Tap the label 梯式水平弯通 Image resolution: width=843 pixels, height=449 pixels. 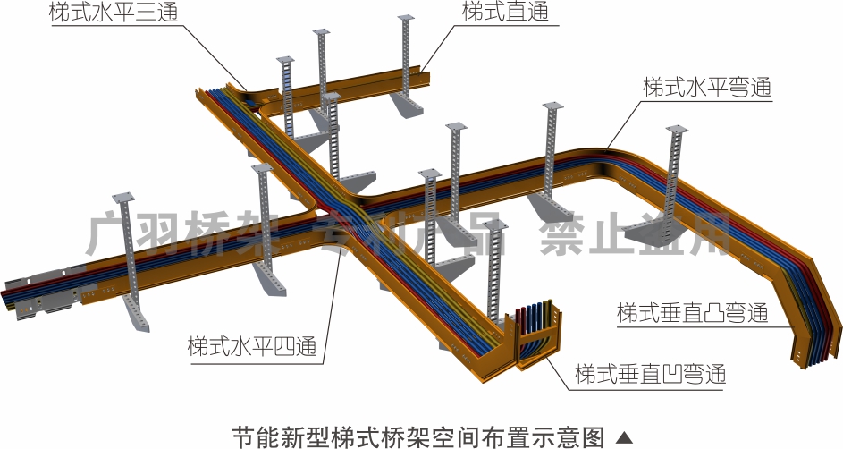[706, 88]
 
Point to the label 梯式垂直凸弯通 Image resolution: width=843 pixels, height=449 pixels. [692, 314]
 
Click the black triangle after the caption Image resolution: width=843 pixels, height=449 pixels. [625, 437]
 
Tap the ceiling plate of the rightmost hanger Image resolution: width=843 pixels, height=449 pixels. [677, 131]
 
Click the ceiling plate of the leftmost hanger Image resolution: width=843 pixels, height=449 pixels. [122, 199]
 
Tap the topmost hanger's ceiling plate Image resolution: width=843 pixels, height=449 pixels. [406, 19]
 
